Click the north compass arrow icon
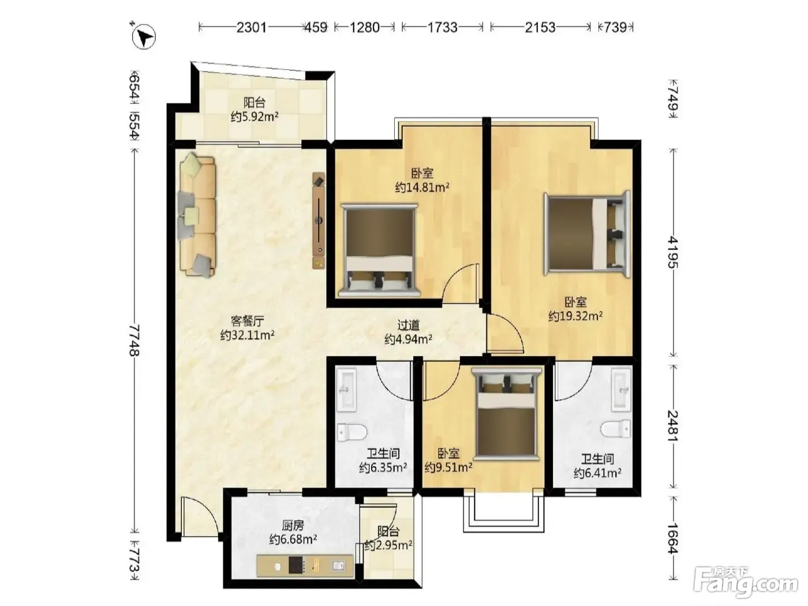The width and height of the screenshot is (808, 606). (x=144, y=36)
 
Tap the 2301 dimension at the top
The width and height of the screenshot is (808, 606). (x=252, y=27)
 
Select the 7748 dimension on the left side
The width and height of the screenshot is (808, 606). (x=134, y=340)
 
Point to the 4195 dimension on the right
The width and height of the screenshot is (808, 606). (x=674, y=252)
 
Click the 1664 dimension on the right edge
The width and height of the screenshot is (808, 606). (x=674, y=538)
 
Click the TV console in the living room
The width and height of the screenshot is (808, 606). (x=319, y=220)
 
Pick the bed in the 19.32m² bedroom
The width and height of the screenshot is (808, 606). (x=587, y=234)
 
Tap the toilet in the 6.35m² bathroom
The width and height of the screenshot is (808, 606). (x=352, y=432)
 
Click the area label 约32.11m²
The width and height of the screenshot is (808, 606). (x=248, y=335)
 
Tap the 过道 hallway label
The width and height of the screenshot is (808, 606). (x=409, y=324)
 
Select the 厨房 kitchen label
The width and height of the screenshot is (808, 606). (x=293, y=525)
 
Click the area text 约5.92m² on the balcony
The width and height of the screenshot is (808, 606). (x=255, y=116)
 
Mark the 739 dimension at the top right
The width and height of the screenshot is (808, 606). (x=615, y=27)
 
